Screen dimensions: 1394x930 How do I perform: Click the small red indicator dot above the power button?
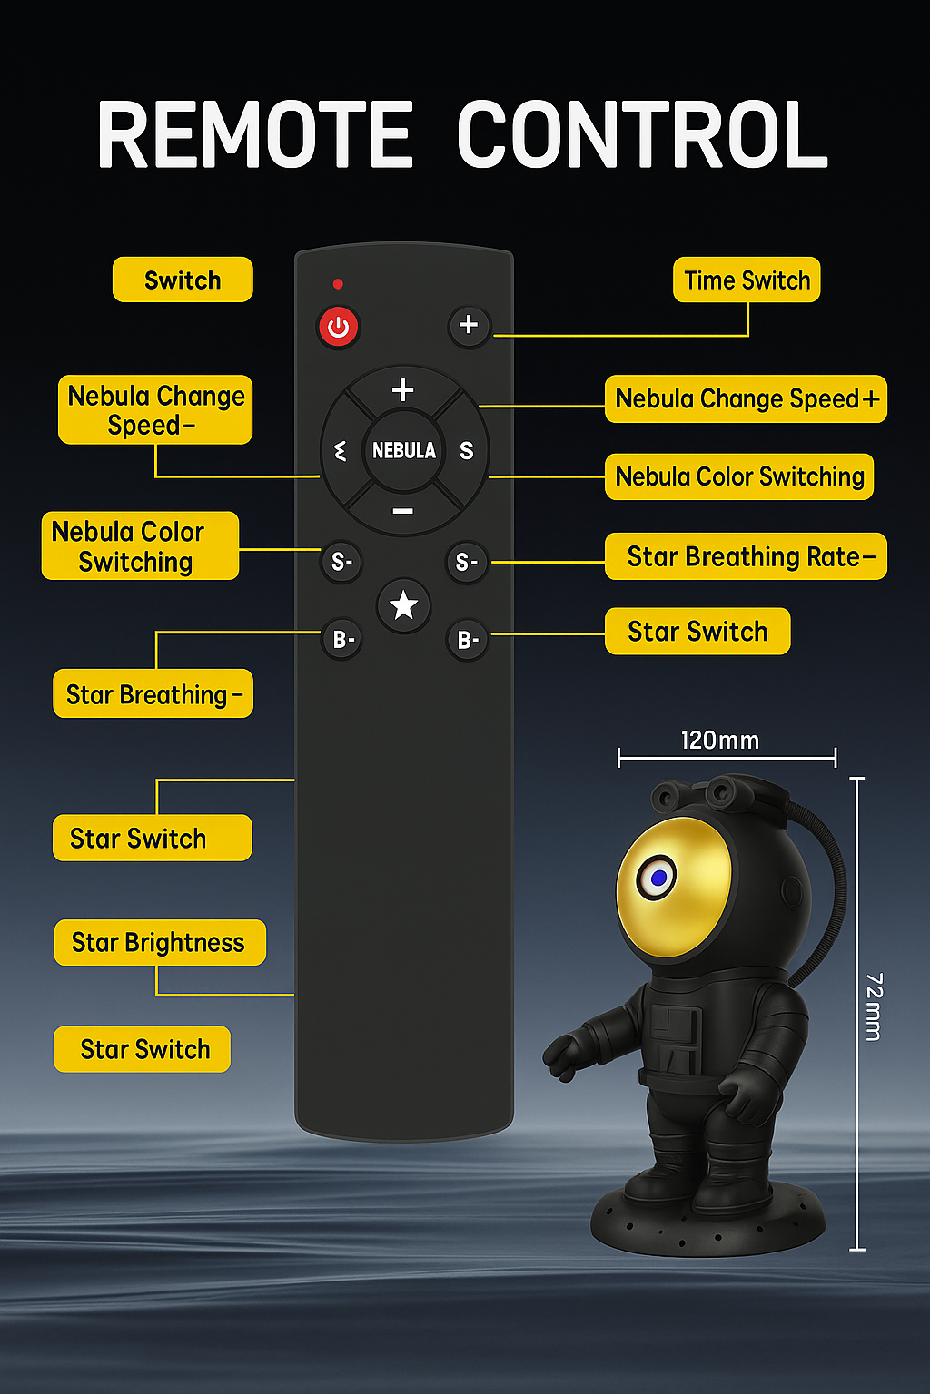click(338, 284)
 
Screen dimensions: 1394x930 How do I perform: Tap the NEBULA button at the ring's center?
click(403, 450)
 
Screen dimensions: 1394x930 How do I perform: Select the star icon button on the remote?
click(403, 605)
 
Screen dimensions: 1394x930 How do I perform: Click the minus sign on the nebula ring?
click(403, 512)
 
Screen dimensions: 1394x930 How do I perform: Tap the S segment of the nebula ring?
click(466, 451)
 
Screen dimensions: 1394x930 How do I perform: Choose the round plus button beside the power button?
click(469, 325)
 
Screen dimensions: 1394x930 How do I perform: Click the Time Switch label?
click(747, 280)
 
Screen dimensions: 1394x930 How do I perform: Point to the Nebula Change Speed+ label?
click(746, 398)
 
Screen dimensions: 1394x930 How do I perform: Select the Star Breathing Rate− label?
click(746, 556)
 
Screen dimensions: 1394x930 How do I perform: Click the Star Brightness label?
click(159, 942)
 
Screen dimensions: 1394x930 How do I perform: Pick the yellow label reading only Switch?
click(183, 280)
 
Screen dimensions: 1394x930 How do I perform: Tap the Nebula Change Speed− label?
click(155, 410)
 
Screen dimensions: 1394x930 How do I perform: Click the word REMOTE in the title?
click(255, 135)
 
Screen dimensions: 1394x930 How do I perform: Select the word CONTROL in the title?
click(642, 135)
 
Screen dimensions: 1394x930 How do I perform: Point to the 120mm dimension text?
click(719, 741)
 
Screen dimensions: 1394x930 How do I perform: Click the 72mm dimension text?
click(874, 1007)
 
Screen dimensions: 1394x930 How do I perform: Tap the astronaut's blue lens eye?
click(658, 878)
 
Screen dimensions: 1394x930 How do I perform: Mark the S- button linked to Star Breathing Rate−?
click(467, 563)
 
